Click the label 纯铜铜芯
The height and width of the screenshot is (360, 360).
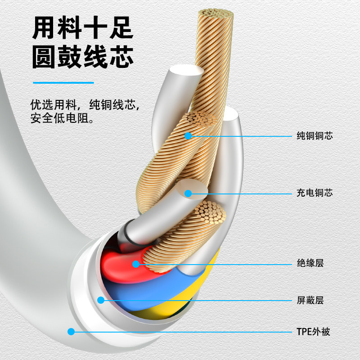[x=315, y=135]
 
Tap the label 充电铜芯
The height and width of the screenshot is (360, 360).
[x=315, y=193]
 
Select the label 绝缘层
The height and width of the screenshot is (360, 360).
[x=310, y=263]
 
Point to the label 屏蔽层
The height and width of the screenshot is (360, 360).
[x=310, y=300]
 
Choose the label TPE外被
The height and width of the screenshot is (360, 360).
[x=314, y=332]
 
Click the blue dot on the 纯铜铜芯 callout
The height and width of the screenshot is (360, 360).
[x=188, y=135]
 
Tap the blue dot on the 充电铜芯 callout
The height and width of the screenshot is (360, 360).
[x=188, y=193]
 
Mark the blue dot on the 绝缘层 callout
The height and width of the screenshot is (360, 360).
[x=136, y=264]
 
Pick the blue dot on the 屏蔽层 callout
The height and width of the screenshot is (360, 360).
[x=101, y=300]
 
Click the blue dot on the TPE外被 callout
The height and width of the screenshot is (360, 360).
[x=71, y=332]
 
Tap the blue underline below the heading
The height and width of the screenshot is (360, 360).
[x=63, y=83]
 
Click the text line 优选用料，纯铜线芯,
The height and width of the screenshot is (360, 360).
[x=85, y=105]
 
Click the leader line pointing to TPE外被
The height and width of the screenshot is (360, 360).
[x=180, y=332]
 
